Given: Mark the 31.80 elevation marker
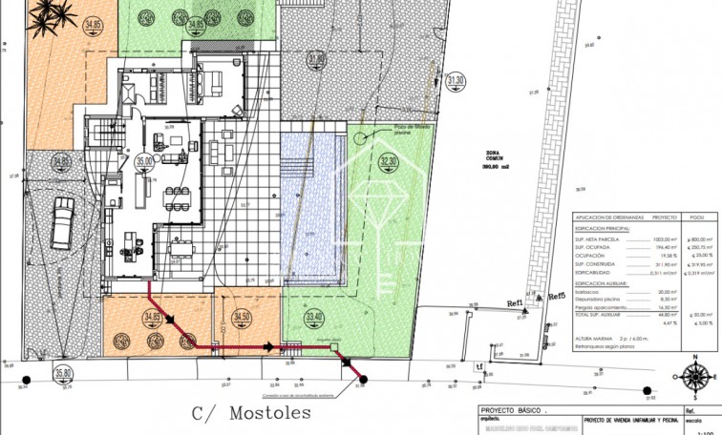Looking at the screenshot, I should [314, 59].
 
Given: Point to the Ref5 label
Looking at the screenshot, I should [554, 297].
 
